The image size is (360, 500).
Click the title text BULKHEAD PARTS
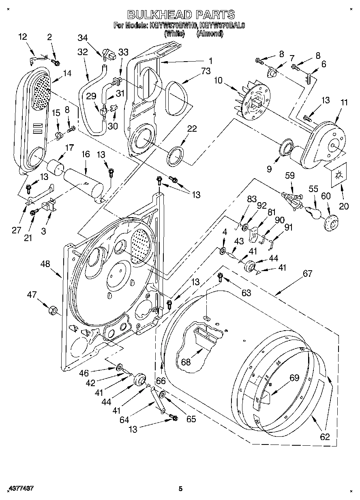coord(181,15)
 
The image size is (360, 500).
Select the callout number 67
coord(307,274)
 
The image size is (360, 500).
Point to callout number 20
coord(343,206)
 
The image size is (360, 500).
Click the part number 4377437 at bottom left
coord(20,489)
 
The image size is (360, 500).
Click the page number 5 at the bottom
coord(181,489)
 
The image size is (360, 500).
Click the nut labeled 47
coord(53,311)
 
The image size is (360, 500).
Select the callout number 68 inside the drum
coord(186,362)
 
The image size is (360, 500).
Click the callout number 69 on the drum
coord(294,378)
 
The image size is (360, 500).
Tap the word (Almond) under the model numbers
coord(210,34)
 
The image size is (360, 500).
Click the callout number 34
coord(82,38)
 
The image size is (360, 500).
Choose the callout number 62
coord(325,437)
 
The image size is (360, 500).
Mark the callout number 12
coord(23,37)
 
